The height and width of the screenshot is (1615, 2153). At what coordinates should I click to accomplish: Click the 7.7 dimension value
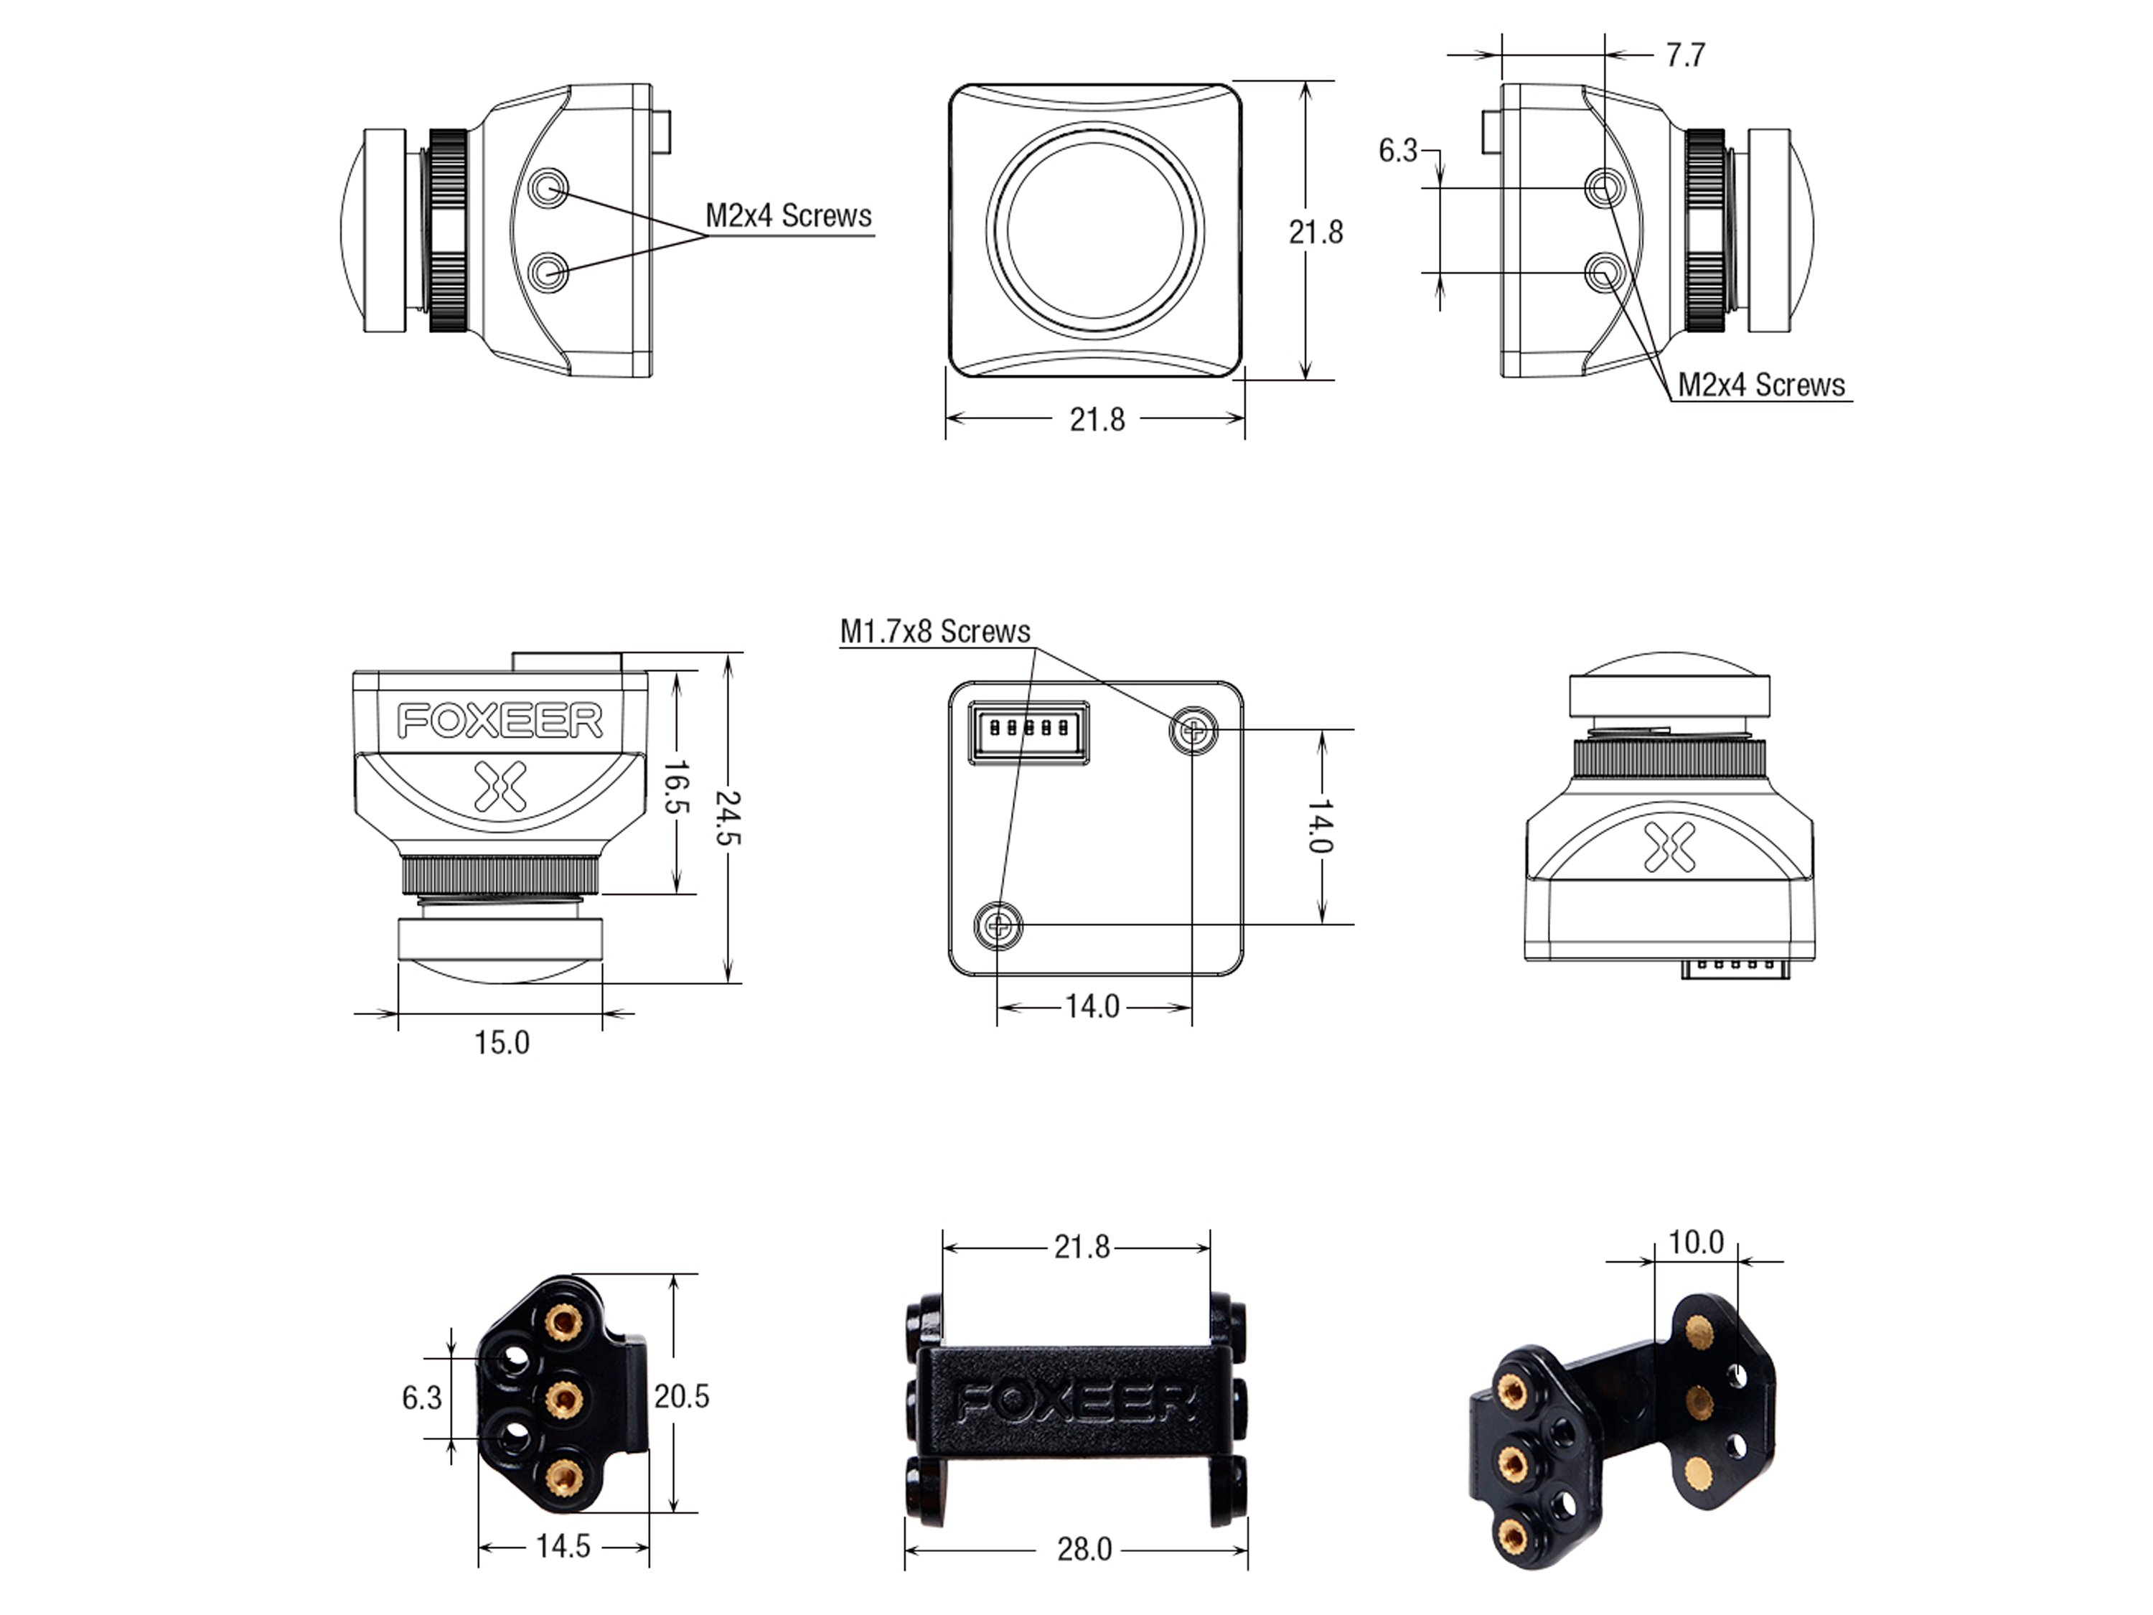pos(1685,55)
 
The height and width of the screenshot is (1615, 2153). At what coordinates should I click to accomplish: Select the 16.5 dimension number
pos(675,789)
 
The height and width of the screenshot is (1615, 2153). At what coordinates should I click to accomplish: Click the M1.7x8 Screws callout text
pos(934,632)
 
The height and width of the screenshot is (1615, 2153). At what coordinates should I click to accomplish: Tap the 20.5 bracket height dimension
pos(681,1397)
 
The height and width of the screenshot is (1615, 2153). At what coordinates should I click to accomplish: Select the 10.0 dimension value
pos(1696,1242)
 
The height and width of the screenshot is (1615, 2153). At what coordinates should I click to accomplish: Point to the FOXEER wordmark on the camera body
pos(500,721)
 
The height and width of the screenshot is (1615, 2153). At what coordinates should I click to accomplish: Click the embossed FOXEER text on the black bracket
pos(1076,1403)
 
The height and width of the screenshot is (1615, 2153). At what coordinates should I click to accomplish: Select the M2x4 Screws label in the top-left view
pos(789,216)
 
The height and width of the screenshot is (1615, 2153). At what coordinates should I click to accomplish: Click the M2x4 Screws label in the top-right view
pos(1760,385)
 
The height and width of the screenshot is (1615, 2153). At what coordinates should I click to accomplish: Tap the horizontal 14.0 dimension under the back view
pos(1092,1006)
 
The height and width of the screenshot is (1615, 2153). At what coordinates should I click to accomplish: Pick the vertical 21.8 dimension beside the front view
pos(1316,232)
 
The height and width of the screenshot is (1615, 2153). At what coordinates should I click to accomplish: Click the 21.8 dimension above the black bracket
pos(1082,1246)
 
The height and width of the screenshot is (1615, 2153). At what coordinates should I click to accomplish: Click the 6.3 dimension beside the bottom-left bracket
pos(421,1398)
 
